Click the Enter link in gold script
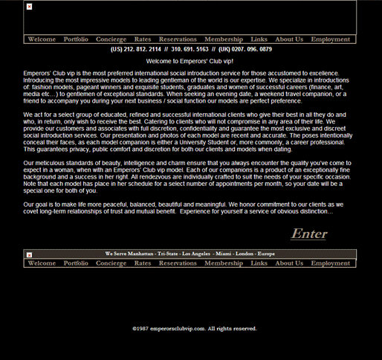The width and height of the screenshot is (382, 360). tap(308, 234)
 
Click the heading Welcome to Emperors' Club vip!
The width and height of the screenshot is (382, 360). tap(190, 61)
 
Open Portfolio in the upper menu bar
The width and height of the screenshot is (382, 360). tap(76, 39)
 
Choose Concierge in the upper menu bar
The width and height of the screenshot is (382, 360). tap(111, 39)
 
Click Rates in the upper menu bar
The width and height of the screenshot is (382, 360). tap(143, 39)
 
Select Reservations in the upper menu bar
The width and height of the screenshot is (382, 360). tap(178, 39)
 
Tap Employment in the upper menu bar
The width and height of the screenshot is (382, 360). tap(331, 39)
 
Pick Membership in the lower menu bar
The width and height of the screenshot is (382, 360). tap(224, 263)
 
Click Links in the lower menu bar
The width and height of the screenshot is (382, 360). tap(259, 263)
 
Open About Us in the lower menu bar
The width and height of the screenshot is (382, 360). tap(289, 263)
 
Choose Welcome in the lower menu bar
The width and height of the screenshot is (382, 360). tap(42, 263)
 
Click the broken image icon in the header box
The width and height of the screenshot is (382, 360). tap(29, 7)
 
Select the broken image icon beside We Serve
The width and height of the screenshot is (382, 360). tap(29, 254)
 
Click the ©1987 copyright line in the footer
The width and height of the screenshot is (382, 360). tap(194, 328)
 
